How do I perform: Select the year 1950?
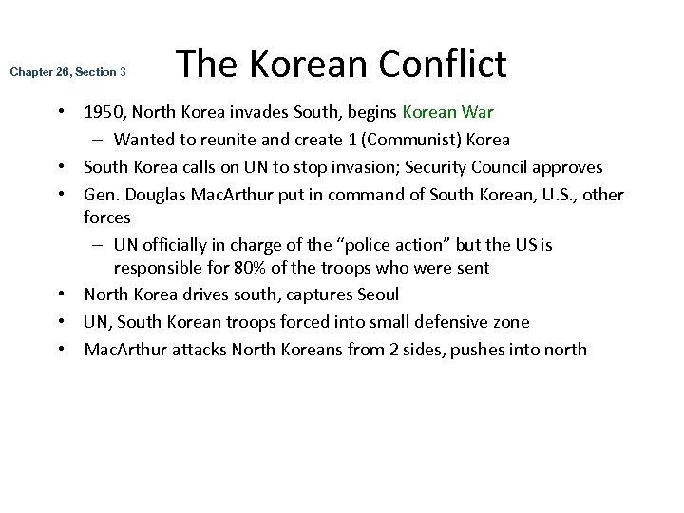(103, 112)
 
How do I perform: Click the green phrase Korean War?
(447, 112)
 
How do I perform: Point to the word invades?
(244, 112)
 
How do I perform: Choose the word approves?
(568, 167)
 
